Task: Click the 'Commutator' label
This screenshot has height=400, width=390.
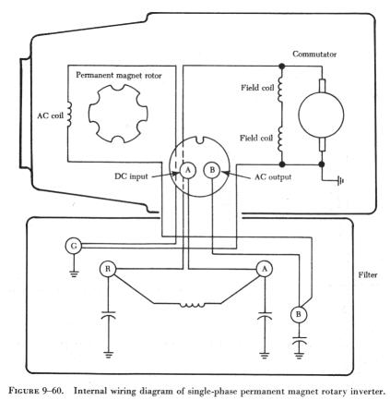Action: pos(314,55)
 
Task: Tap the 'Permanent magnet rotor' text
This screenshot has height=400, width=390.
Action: pos(119,76)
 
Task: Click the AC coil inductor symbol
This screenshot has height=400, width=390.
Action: pos(69,115)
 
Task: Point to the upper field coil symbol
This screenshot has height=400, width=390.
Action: pos(280,89)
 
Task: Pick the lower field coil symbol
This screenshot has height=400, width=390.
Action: pos(280,139)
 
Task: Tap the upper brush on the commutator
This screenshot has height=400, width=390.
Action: pos(322,85)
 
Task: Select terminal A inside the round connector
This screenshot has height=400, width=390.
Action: pos(188,170)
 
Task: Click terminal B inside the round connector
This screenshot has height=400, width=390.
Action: pos(212,170)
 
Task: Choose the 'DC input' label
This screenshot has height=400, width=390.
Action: pos(131,176)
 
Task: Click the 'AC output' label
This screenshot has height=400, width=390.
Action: pos(273,177)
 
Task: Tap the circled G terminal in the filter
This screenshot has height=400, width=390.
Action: pos(74,246)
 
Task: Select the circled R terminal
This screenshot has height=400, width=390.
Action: pos(108,269)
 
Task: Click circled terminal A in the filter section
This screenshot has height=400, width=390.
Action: pos(265,269)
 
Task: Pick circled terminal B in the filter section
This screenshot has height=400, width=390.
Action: pos(299,315)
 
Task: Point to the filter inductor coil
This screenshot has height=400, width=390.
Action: pos(193,306)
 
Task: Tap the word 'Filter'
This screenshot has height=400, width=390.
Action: pos(368,274)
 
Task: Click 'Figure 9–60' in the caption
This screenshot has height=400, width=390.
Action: pos(36,391)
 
